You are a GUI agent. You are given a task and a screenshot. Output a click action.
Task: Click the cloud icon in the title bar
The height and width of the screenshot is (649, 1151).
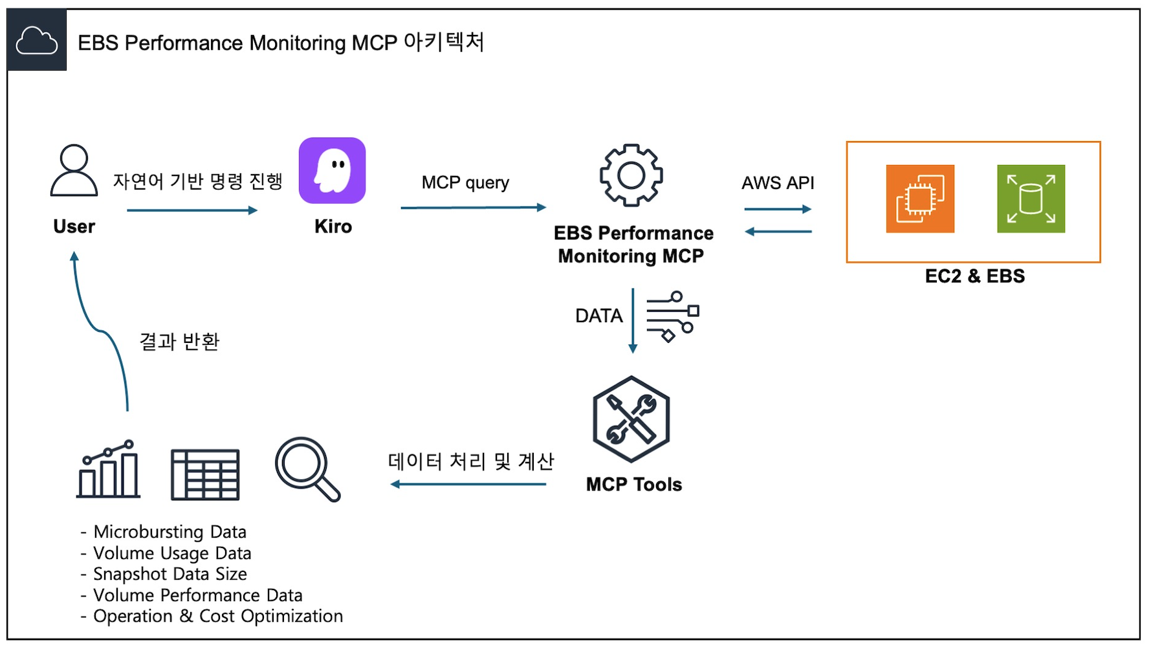(37, 40)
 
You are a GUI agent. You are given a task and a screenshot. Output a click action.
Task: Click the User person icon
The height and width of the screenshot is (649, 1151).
(74, 170)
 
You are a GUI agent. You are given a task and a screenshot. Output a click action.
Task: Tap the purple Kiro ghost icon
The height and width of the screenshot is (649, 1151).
(332, 170)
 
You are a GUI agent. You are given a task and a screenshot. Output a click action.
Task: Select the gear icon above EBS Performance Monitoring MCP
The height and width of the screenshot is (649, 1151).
(631, 175)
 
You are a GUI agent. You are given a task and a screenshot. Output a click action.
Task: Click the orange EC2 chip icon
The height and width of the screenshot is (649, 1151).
(920, 199)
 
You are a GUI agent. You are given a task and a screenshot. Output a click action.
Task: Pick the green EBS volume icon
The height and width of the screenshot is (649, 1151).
(1031, 199)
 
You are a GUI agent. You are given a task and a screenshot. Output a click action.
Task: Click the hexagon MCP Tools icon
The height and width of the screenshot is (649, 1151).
(631, 419)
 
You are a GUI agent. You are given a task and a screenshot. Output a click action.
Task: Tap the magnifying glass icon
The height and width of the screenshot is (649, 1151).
(307, 469)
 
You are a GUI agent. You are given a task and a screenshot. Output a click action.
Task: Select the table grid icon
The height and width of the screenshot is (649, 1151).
(205, 474)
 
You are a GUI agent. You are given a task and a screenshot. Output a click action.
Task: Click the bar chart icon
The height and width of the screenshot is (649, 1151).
(108, 470)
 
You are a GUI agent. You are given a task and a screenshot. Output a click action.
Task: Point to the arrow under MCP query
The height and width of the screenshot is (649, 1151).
(473, 208)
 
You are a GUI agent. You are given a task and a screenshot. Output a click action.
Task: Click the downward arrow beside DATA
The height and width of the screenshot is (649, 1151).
(633, 321)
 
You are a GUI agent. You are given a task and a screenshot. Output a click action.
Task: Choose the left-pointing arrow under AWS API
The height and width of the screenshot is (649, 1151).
(778, 232)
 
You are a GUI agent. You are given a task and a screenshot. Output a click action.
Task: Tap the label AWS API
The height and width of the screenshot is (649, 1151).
(778, 183)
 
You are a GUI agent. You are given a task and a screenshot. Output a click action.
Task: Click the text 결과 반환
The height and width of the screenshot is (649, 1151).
(180, 341)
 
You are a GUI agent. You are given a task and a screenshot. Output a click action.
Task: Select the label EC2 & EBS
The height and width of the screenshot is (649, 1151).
(974, 276)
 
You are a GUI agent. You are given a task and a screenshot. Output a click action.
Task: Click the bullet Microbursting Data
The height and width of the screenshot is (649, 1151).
(170, 532)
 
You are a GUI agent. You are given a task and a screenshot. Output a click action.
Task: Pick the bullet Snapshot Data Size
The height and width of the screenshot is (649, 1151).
(170, 574)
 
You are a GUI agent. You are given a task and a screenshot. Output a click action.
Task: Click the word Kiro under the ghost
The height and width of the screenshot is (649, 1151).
(333, 226)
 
